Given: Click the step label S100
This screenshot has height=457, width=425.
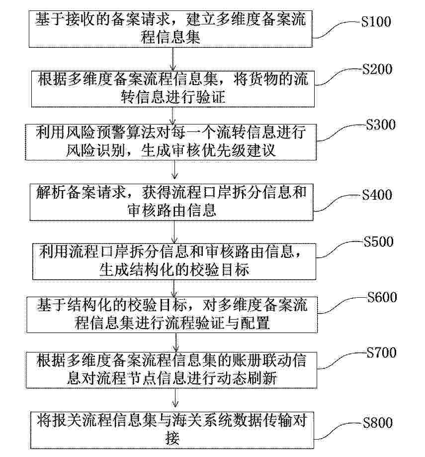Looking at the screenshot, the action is pyautogui.click(x=376, y=21).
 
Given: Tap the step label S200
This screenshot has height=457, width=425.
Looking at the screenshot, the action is pyautogui.click(x=377, y=69).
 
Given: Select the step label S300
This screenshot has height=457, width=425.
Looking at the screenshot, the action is pyautogui.click(x=380, y=124).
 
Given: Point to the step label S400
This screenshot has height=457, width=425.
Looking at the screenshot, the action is pyautogui.click(x=377, y=195).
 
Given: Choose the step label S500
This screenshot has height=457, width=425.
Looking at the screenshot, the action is pyautogui.click(x=378, y=241).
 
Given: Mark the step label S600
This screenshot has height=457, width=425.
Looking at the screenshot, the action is pyautogui.click(x=382, y=297).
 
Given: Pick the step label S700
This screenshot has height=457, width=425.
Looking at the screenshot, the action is pyautogui.click(x=381, y=352).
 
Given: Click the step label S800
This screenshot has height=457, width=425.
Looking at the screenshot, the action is pyautogui.click(x=378, y=423).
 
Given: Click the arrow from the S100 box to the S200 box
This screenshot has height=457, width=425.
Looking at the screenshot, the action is pyautogui.click(x=173, y=59).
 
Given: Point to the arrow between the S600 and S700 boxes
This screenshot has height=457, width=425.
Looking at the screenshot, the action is pyautogui.click(x=176, y=342).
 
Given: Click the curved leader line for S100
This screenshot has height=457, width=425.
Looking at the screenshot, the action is pyautogui.click(x=337, y=29).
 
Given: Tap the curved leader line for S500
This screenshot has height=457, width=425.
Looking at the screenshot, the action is pyautogui.click(x=340, y=249).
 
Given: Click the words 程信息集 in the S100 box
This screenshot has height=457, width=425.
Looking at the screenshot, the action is pyautogui.click(x=170, y=38).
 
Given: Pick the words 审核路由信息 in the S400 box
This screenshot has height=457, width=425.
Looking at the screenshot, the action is pyautogui.click(x=172, y=210).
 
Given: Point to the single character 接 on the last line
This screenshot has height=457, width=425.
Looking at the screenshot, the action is pyautogui.click(x=172, y=438).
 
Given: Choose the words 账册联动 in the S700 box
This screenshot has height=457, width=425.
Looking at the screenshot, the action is pyautogui.click(x=261, y=360).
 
